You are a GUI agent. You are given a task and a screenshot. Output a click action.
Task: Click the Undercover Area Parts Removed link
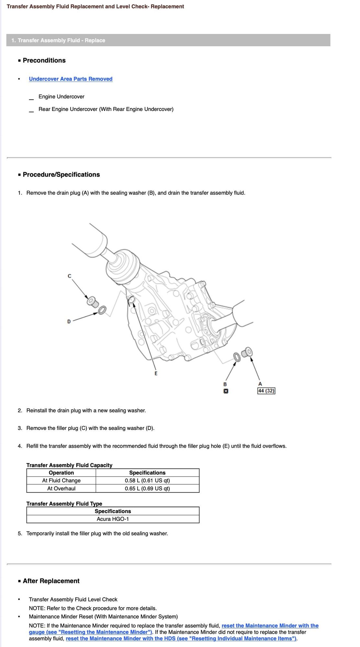coord(71,79)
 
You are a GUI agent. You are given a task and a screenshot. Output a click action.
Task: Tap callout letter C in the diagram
coord(69,276)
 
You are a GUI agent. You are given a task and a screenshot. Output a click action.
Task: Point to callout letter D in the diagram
coord(69,322)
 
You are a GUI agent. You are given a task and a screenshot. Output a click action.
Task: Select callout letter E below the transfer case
coord(156,373)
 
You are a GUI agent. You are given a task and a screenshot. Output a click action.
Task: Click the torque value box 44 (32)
coord(266,391)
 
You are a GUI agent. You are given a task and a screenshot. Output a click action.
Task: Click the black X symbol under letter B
coord(226,391)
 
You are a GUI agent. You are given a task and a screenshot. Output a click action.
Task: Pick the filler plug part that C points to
coord(93,302)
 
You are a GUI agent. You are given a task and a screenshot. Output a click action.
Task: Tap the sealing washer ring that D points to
coord(102,310)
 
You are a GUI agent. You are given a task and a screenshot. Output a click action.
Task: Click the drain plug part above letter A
coord(247,352)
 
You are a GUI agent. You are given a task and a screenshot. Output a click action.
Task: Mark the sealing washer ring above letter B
coord(237,357)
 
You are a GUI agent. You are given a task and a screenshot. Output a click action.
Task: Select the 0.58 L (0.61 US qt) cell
coord(147,480)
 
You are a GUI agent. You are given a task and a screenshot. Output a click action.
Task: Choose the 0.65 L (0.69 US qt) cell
coord(147,488)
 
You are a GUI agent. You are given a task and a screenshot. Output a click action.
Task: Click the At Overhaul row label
coord(61,488)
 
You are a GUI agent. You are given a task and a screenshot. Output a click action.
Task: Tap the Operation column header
coord(61,473)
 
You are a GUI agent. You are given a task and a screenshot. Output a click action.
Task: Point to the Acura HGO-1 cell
coord(113,519)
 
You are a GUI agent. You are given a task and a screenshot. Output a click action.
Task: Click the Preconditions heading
coord(44,60)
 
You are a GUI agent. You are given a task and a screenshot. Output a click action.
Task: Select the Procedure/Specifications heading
coord(61,175)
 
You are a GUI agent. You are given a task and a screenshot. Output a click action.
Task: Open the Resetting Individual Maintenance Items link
coord(181,639)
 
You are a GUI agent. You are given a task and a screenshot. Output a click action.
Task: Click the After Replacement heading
coord(51,581)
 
